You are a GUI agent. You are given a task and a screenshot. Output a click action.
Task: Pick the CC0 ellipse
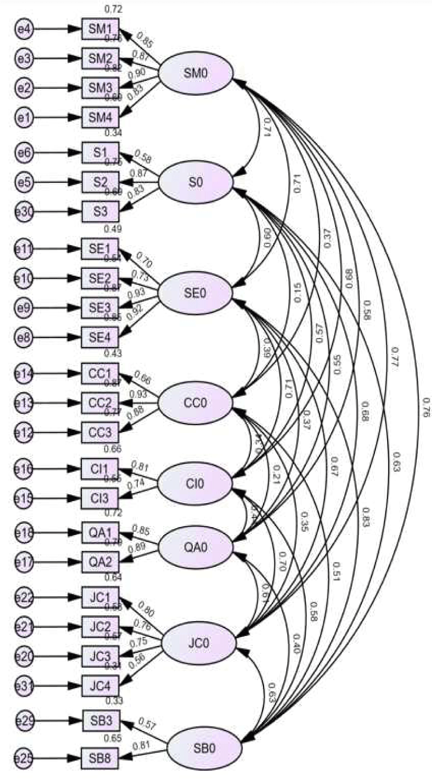tap(196, 403)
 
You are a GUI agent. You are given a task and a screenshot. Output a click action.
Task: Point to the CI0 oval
tap(196, 483)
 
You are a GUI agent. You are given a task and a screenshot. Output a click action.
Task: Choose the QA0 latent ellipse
tap(196, 548)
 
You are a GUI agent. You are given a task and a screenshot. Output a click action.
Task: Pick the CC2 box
tap(100, 404)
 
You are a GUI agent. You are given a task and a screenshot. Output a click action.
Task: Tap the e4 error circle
tap(24, 27)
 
